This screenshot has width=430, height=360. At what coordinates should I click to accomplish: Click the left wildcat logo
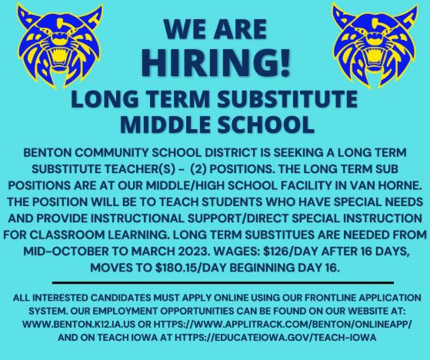tap(60, 46)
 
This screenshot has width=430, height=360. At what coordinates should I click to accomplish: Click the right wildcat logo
tap(375, 46)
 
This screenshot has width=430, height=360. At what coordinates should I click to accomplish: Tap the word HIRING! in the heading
tap(215, 62)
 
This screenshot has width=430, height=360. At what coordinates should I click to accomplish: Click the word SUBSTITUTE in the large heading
tap(288, 99)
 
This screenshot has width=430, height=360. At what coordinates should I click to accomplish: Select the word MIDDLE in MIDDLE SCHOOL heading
tap(165, 125)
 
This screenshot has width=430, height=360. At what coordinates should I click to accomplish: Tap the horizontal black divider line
tap(223, 282)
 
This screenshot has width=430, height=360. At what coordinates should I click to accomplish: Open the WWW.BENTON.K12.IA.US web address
tap(79, 325)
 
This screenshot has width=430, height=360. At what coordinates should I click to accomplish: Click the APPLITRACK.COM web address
tap(283, 325)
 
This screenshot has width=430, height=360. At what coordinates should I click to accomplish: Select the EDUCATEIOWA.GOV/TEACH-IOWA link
tap(275, 338)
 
